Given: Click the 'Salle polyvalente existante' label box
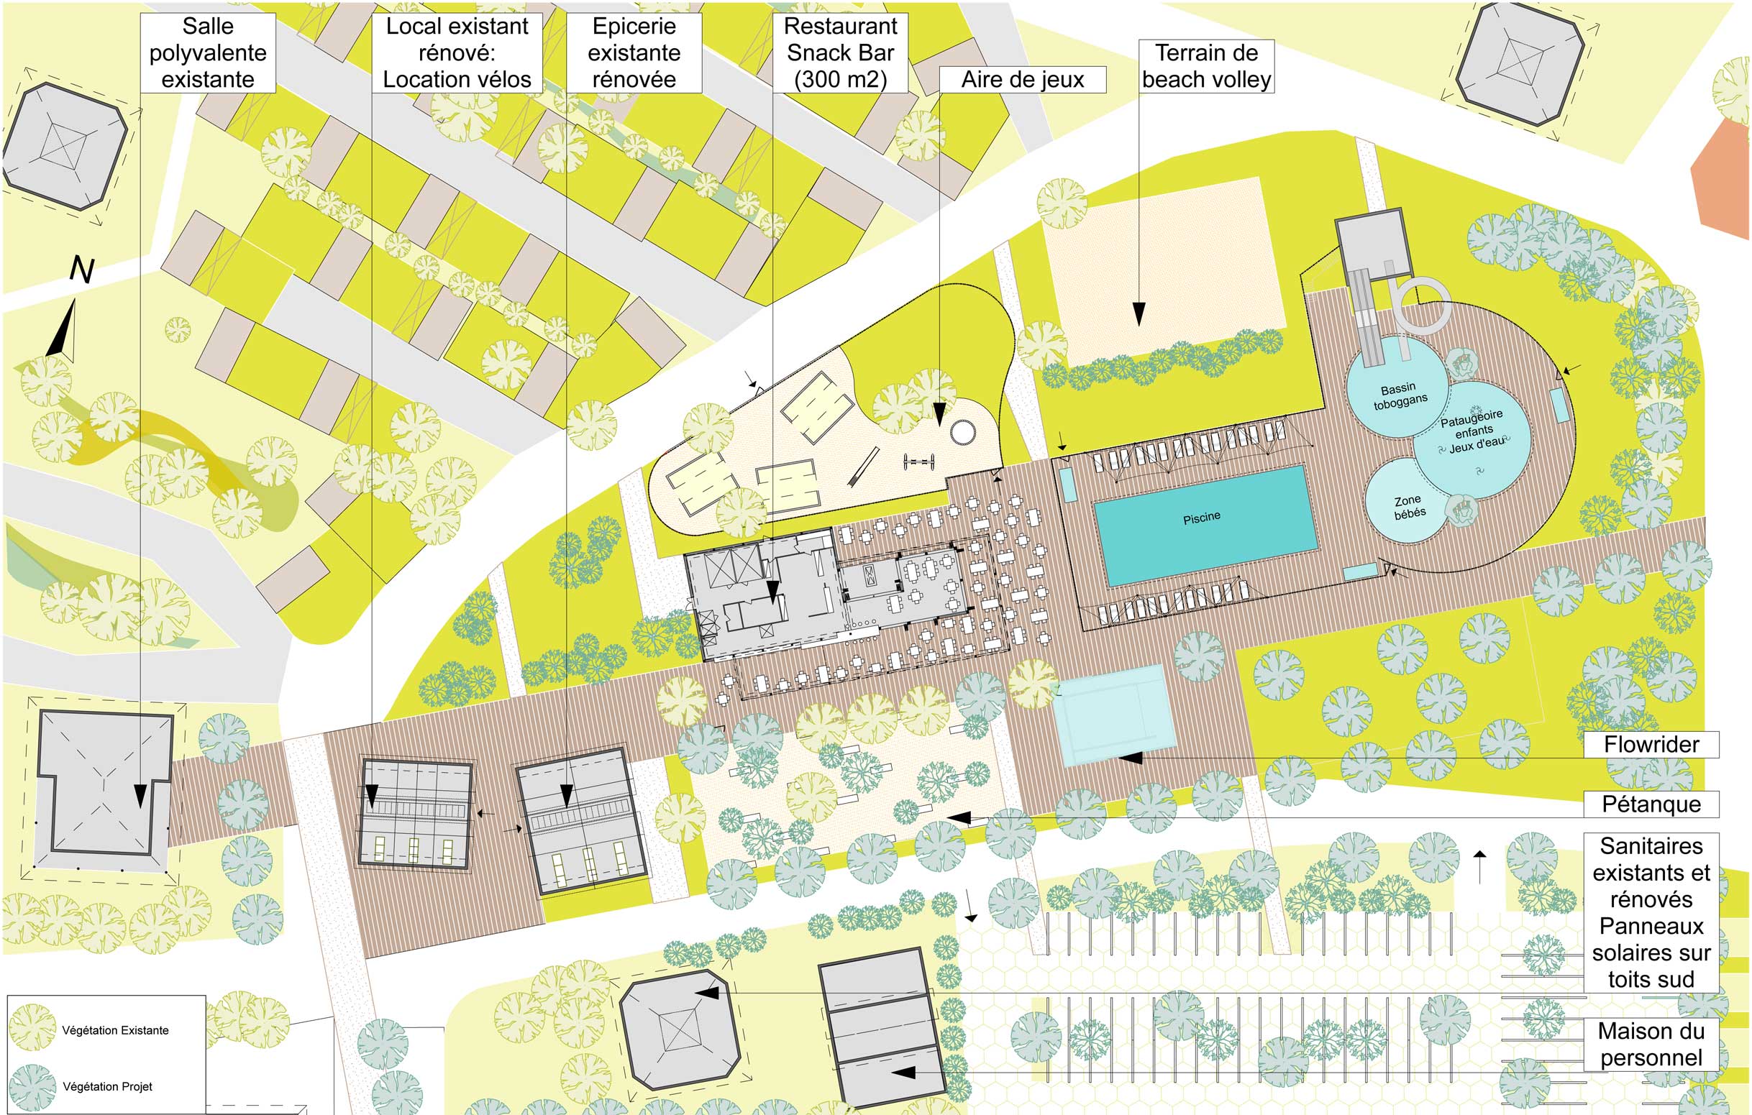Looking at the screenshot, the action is click(208, 52).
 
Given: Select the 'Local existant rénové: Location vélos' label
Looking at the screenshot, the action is click(457, 52).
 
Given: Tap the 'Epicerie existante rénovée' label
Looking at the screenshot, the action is click(634, 52).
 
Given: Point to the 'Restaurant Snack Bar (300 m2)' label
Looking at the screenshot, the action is click(840, 52).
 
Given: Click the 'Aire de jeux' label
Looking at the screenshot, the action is click(1022, 79).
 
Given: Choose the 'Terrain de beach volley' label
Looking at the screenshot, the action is click(1206, 66).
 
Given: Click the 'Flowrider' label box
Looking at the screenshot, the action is click(1651, 744).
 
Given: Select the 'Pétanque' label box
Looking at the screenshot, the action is click(1651, 804).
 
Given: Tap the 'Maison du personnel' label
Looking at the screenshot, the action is click(1651, 1045).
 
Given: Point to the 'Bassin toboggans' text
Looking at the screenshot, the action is click(1399, 395).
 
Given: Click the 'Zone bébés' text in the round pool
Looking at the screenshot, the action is click(1409, 507).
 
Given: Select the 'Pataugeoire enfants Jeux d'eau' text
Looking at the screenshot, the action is click(1473, 431).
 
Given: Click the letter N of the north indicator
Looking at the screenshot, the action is click(82, 270).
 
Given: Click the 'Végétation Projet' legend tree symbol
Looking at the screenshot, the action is click(32, 1087).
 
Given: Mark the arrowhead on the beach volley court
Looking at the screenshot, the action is click(1139, 314).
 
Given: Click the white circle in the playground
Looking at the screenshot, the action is click(962, 432).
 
